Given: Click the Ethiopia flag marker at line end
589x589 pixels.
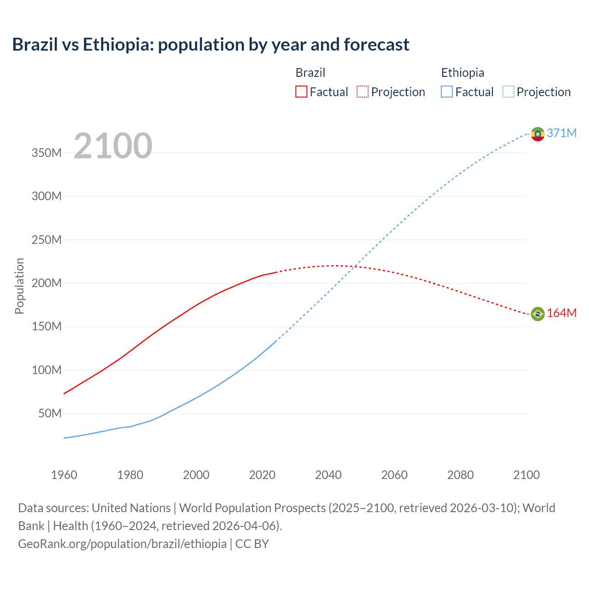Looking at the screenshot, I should coord(537,134).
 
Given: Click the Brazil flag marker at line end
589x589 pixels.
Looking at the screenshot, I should coord(537,314).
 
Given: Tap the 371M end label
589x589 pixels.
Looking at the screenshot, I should coord(561,133).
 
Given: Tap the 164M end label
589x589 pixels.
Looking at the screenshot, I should coord(561,313).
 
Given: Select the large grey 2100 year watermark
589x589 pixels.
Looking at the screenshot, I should coord(113,145).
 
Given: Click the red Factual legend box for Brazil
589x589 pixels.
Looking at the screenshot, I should coord(301,92).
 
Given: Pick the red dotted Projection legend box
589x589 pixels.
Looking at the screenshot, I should coord(363,92).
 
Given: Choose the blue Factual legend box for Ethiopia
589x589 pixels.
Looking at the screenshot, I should coord(446,92).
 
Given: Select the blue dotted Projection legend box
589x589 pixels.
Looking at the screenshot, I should coord(508,92).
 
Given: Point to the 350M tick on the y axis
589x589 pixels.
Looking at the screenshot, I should coord(46,153).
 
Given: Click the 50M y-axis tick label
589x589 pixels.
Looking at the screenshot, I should coord(50,413).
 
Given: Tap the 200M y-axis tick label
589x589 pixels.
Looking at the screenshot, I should coord(46,283).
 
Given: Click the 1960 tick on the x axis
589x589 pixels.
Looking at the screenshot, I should coord(64,475).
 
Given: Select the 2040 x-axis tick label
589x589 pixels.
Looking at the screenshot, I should coord(328,475).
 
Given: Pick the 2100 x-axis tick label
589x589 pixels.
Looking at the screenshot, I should coord(526,475).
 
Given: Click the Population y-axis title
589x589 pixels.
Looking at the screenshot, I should coord(19,286).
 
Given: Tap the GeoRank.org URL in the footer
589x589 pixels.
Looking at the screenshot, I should coord(122,544).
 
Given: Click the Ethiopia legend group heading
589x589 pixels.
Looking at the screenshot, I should coord(462,73).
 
